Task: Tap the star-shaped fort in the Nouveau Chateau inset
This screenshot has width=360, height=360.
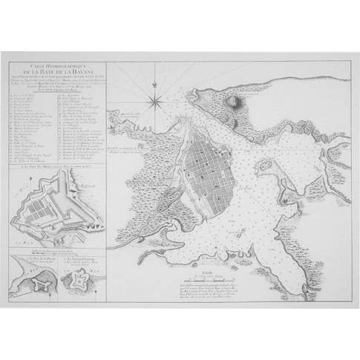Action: click(78, 281)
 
